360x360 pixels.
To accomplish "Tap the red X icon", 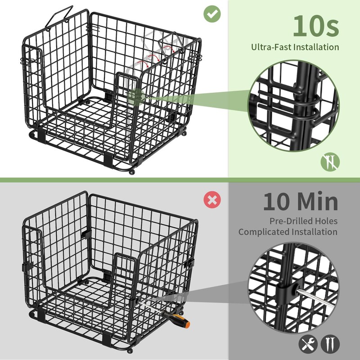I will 211,199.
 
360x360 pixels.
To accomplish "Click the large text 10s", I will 315,26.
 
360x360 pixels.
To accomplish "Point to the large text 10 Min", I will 300,201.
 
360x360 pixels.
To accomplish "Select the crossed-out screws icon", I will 330,161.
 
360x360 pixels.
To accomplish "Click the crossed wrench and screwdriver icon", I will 307,344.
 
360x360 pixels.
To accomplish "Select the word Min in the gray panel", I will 319,201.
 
